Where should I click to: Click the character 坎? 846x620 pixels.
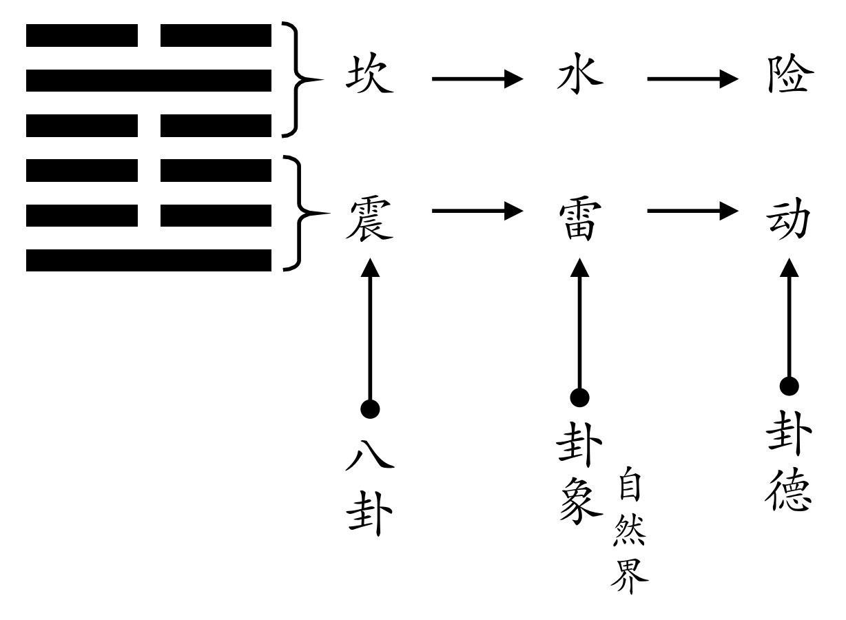tap(370, 76)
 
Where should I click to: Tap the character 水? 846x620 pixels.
tap(579, 76)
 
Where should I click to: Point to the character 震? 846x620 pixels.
tap(370, 218)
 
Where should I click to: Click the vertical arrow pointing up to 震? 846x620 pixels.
tap(371, 331)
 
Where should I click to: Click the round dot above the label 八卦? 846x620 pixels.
tap(371, 410)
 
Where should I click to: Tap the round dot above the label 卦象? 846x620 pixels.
tap(580, 397)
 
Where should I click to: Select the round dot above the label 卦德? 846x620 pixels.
tap(790, 386)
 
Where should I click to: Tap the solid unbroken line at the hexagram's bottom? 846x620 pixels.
tap(149, 260)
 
